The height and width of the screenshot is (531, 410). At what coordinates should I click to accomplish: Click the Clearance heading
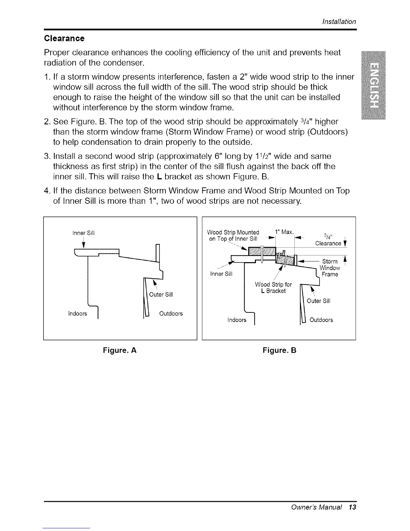[x=64, y=38]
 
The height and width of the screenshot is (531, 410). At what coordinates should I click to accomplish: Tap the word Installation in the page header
[x=339, y=22]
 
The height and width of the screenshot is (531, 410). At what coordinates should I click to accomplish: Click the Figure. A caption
[x=120, y=351]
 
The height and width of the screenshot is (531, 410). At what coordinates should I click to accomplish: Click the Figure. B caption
[x=279, y=351]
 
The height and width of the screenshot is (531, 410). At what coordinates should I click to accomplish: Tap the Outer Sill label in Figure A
[x=161, y=295]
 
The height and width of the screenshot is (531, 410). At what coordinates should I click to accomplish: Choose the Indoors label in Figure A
[x=77, y=314]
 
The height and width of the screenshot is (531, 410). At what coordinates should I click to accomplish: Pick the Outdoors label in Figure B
[x=321, y=320]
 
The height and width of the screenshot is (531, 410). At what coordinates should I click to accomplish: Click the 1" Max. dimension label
[x=284, y=232]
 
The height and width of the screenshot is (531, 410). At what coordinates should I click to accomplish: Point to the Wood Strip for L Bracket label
[x=273, y=288]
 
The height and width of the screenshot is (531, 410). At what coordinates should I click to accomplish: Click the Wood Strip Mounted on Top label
[x=233, y=235]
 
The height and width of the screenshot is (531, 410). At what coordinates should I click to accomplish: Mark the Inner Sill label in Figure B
[x=221, y=274]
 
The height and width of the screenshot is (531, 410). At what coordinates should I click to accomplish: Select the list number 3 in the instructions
[x=47, y=157]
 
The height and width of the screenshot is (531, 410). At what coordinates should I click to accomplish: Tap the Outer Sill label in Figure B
[x=318, y=301]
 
